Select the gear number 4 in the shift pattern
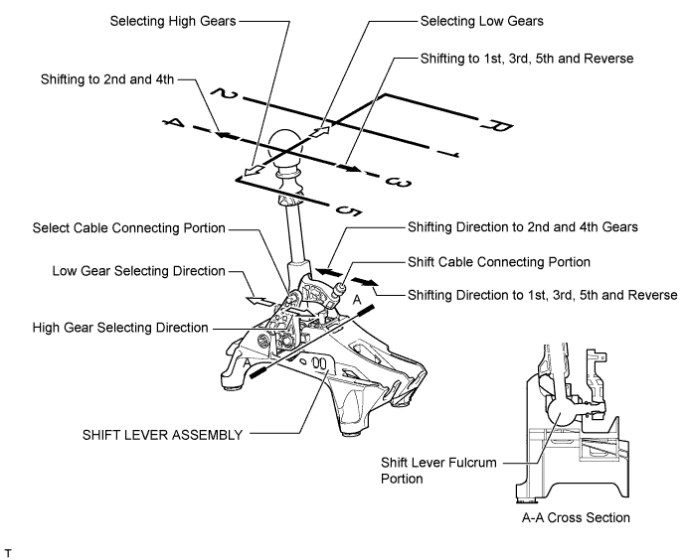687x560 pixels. pos(176,123)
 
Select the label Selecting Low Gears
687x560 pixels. pos(480,20)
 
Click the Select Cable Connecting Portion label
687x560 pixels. pos(128,228)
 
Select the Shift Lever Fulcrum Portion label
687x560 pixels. pos(436,469)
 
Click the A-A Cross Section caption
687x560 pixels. pos(573,517)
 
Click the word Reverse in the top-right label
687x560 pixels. pos(608,60)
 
